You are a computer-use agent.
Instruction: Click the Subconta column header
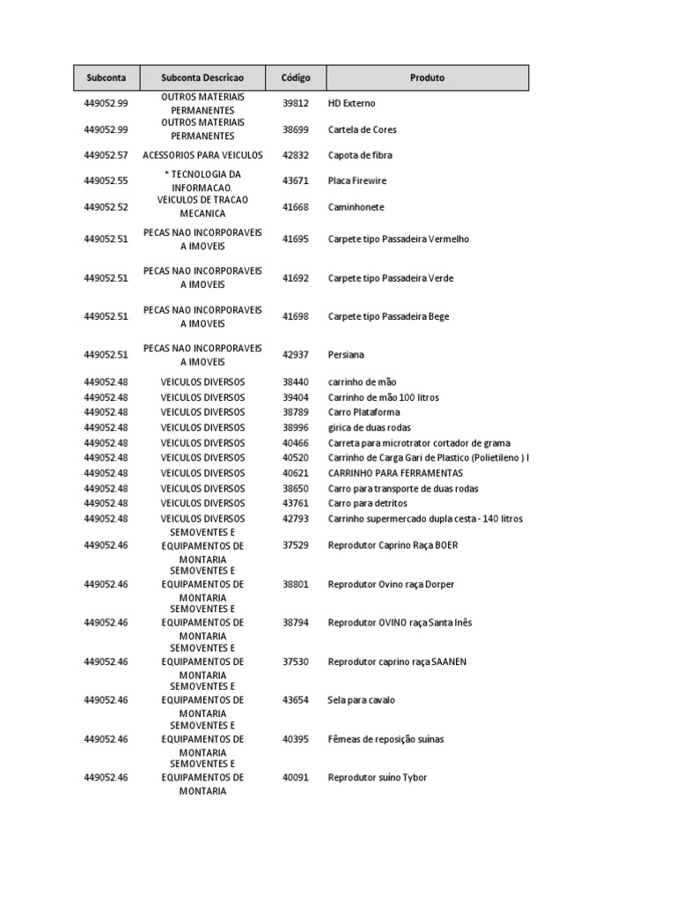click(106, 78)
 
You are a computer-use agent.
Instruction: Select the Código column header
click(296, 78)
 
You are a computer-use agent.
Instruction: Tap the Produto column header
click(427, 78)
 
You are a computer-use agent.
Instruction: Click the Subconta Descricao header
click(202, 78)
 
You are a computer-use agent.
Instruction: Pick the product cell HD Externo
click(351, 103)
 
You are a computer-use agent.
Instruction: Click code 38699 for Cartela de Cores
click(296, 129)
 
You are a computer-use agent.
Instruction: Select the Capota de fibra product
click(360, 155)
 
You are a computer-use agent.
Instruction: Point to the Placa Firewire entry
click(356, 181)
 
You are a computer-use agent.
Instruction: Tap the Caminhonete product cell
click(356, 207)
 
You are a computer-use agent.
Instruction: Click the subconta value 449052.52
click(106, 207)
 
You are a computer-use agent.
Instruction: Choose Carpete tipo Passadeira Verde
click(391, 277)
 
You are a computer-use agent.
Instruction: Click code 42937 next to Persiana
click(296, 355)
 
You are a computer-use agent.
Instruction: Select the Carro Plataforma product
click(364, 412)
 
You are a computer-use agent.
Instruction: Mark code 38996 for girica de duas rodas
click(296, 427)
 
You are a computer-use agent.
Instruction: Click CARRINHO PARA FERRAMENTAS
click(395, 473)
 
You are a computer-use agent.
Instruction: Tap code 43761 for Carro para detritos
click(296, 503)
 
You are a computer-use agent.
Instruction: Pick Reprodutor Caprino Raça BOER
click(393, 545)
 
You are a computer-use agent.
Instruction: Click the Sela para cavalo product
click(361, 700)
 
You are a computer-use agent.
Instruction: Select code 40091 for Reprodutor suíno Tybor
click(296, 778)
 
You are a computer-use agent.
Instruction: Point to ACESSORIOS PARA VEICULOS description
click(202, 155)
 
